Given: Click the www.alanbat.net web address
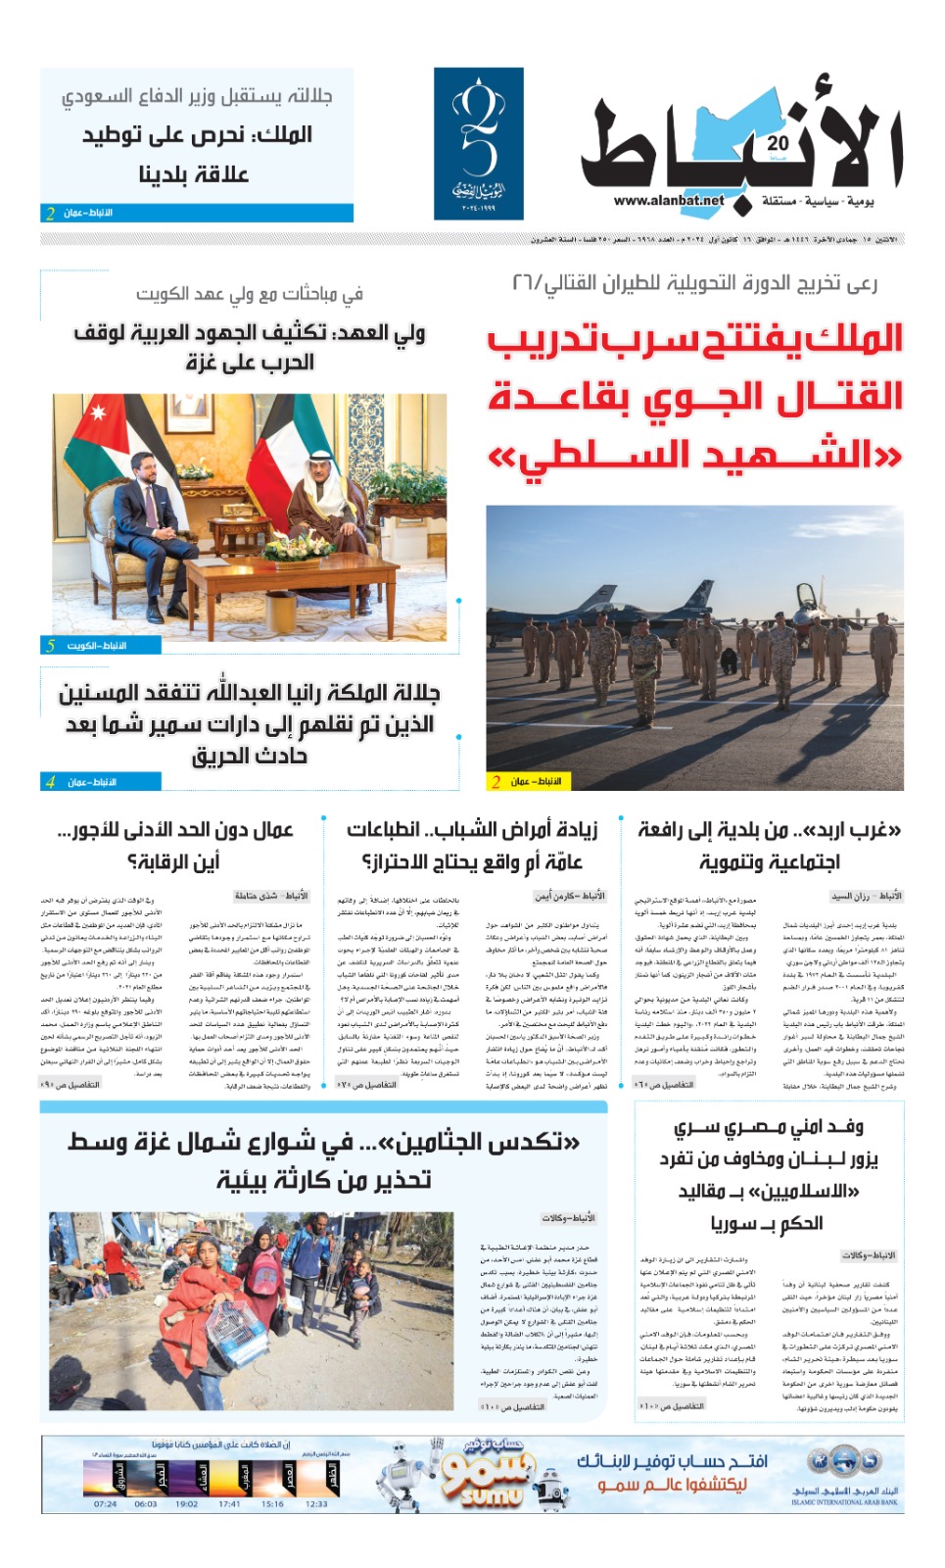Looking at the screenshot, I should (x=669, y=201).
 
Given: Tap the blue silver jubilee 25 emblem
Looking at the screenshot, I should (x=478, y=143).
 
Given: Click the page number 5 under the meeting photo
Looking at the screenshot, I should (x=51, y=646).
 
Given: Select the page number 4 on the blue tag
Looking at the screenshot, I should (x=50, y=782).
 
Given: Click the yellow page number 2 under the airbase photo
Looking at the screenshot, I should (x=496, y=781).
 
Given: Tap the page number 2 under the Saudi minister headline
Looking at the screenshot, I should (x=50, y=213).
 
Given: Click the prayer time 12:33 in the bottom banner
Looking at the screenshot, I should (x=316, y=1503).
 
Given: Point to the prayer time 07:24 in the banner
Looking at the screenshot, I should (x=105, y=1503).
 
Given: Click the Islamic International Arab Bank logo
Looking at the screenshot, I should (x=844, y=1475).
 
